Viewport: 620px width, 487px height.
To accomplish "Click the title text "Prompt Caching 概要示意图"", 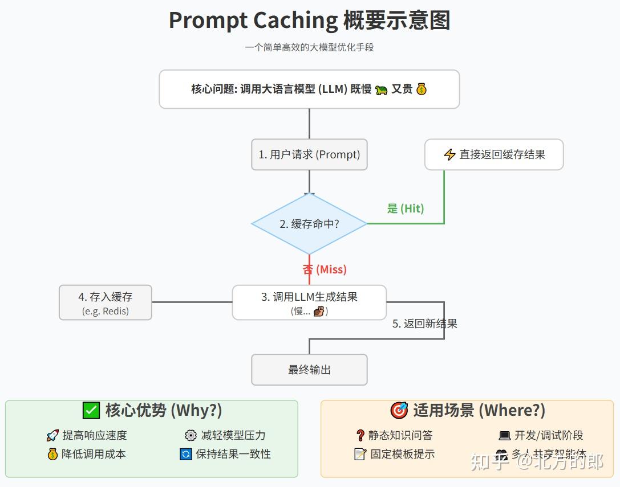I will click(309, 21).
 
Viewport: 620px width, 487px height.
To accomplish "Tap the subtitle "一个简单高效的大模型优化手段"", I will click(309, 47).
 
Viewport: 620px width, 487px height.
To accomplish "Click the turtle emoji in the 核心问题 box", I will click(382, 89).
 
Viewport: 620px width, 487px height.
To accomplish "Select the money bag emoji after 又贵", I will click(422, 89).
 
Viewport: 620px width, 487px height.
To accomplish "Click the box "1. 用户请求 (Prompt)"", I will click(309, 154).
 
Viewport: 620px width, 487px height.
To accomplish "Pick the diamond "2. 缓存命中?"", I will click(309, 224).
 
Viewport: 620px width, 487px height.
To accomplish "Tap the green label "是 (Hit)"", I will click(406, 208).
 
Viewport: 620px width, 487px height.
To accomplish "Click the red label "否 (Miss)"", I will click(325, 269).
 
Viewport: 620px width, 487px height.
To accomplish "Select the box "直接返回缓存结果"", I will click(494, 154).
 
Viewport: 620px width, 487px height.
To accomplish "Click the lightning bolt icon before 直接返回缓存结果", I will click(449, 154).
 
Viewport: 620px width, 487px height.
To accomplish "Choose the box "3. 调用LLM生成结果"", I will click(309, 302).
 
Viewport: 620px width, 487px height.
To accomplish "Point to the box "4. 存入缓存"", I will click(106, 302).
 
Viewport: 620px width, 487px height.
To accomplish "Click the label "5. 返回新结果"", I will click(425, 324).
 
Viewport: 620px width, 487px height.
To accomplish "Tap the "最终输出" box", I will click(309, 370).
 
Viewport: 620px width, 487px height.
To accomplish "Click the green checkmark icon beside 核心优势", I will click(91, 410).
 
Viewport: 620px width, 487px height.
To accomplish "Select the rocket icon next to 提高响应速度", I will click(52, 436).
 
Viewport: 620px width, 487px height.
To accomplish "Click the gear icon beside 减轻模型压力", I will click(191, 436).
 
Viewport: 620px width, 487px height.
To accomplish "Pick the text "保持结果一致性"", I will click(233, 454).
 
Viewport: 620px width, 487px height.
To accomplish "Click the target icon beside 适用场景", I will click(399, 410).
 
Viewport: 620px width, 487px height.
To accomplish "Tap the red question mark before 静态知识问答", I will click(360, 436).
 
